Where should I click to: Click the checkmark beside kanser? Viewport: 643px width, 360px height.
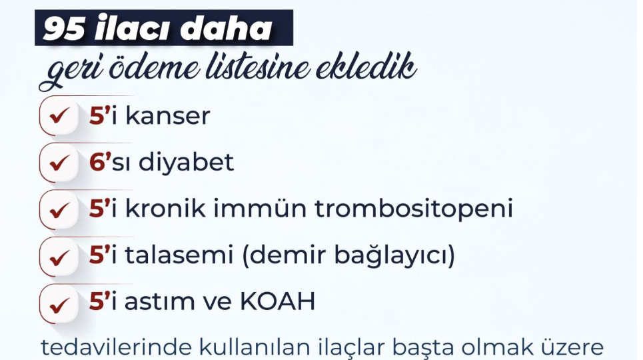59,116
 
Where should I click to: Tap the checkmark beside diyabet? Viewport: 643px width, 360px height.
59,163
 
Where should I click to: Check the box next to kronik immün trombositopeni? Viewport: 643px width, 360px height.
59,210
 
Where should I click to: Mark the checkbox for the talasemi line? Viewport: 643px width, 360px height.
59,257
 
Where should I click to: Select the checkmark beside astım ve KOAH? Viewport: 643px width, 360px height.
59,305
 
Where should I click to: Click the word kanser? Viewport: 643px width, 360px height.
167,116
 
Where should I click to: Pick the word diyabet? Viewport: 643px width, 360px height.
186,162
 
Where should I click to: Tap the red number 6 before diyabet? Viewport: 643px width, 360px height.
97,162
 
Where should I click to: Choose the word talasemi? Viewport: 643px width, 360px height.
179,255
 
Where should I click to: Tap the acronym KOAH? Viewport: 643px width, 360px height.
277,302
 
